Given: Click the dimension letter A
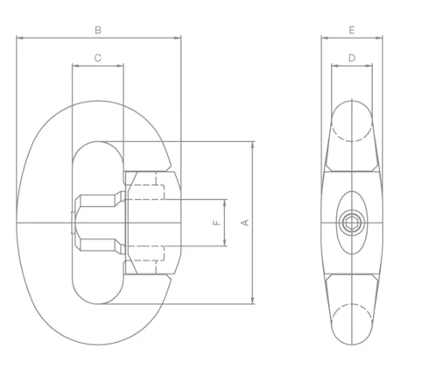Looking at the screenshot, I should [x=245, y=223].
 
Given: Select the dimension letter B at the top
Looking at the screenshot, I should [x=99, y=30].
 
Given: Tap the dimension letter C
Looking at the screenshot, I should [x=98, y=58].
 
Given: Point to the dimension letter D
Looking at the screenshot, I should [x=351, y=58].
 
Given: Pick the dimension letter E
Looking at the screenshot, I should [x=351, y=30].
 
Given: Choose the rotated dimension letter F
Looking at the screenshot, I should [x=216, y=224].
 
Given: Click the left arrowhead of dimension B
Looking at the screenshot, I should [x=19, y=38].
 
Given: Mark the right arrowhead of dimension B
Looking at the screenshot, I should [x=179, y=38].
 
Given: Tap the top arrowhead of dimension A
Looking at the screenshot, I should [x=253, y=144].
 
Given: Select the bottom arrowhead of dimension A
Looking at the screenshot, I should [x=253, y=302].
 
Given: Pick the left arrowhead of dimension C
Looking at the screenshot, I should [x=75, y=66].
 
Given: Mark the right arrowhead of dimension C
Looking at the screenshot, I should [x=122, y=66].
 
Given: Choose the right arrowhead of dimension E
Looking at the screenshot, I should [x=379, y=38].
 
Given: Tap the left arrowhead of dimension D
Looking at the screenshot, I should [x=334, y=66].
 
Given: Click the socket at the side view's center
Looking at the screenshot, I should [x=351, y=223].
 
